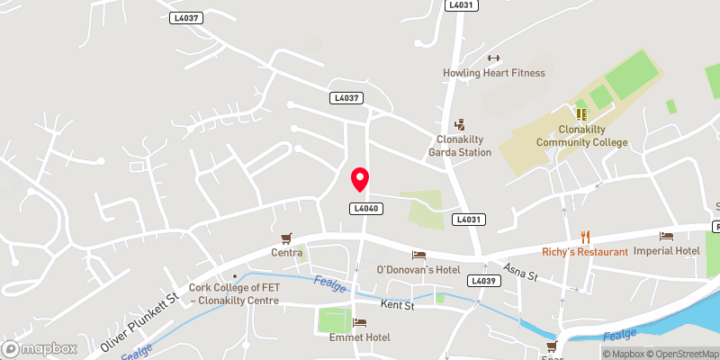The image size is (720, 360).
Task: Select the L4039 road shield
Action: pyautogui.click(x=482, y=281)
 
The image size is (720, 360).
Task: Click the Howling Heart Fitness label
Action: pyautogui.click(x=493, y=73)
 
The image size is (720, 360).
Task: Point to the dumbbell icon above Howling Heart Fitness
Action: pyautogui.click(x=493, y=57)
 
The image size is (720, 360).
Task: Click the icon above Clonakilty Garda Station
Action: pyautogui.click(x=459, y=124)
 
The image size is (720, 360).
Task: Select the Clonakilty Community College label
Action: pyautogui.click(x=580, y=135)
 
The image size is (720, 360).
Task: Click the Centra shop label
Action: pyautogui.click(x=287, y=253)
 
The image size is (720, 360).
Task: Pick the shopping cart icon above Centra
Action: pyautogui.click(x=287, y=238)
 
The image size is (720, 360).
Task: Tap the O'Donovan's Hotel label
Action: pyautogui.click(x=418, y=270)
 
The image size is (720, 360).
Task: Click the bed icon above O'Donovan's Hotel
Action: pyautogui.click(x=418, y=255)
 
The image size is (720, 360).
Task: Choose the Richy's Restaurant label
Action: pyautogui.click(x=585, y=252)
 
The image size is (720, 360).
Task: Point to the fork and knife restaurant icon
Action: pyautogui.click(x=585, y=237)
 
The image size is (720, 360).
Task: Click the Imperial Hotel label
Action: pyautogui.click(x=667, y=250)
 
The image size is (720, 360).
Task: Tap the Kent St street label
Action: pyautogui.click(x=396, y=306)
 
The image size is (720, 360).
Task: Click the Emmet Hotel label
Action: pyautogui.click(x=359, y=337)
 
